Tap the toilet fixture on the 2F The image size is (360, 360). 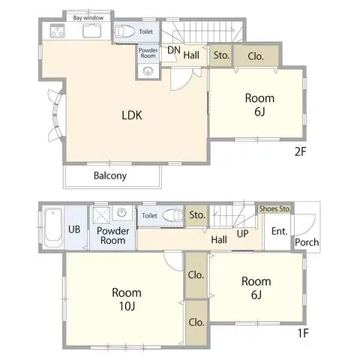tap(124, 32)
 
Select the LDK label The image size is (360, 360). tap(132, 115)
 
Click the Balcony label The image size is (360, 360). tap(110, 176)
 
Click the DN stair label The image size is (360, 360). tap(174, 51)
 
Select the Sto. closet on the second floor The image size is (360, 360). tap(220, 55)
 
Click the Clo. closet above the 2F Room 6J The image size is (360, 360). tap(256, 55)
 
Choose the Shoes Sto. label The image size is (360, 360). tap(275, 208)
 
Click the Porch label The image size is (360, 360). tap(306, 243)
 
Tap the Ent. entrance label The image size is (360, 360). tap(278, 231)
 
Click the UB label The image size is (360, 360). tap(75, 230)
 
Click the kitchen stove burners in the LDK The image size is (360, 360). tap(57, 32)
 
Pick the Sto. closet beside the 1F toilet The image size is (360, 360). tap(197, 214)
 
